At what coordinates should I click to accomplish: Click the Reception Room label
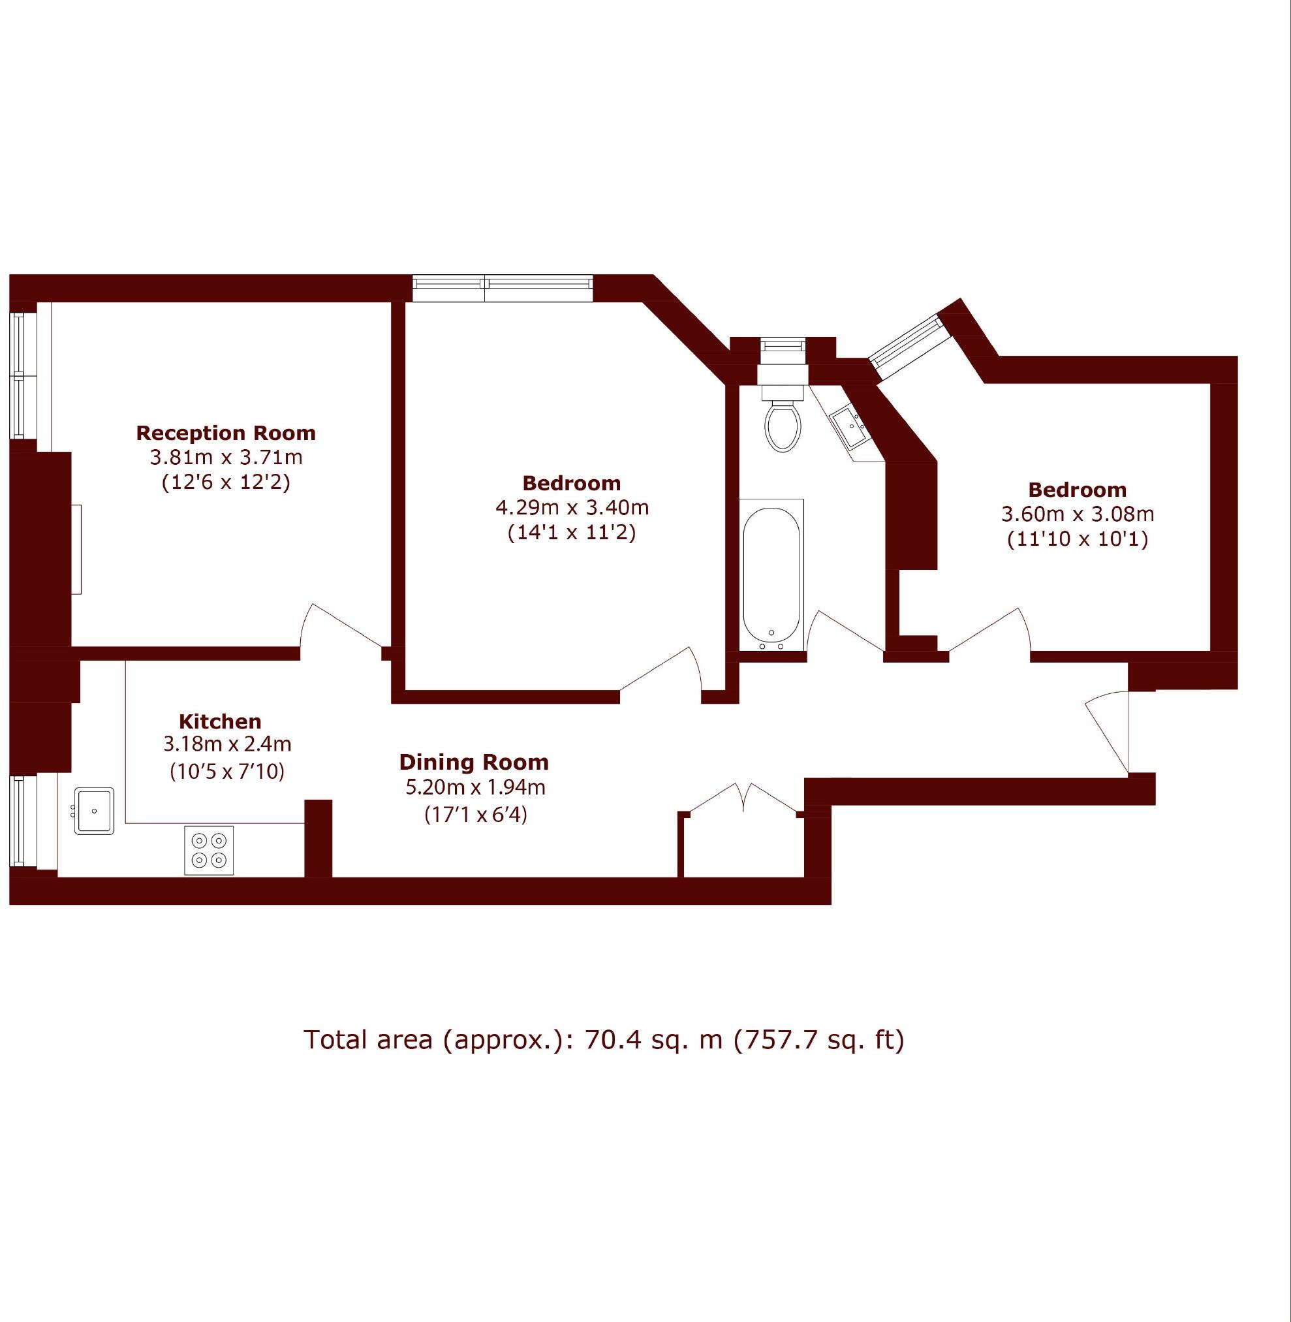point(226,433)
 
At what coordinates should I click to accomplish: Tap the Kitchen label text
point(220,721)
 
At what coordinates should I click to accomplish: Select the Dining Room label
point(474,763)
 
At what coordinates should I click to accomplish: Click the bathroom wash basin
point(847,425)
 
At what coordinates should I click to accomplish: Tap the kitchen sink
point(94,811)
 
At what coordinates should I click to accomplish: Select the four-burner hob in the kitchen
point(209,850)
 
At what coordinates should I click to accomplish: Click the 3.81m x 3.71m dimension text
point(226,457)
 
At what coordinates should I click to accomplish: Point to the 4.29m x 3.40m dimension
point(572,507)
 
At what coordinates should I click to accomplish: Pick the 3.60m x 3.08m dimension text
point(1078,514)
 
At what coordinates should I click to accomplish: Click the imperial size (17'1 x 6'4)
point(475,814)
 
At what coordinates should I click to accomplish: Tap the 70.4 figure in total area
point(608,1040)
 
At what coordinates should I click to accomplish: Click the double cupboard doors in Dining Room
point(744,798)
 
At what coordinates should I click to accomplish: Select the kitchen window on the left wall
point(18,821)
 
